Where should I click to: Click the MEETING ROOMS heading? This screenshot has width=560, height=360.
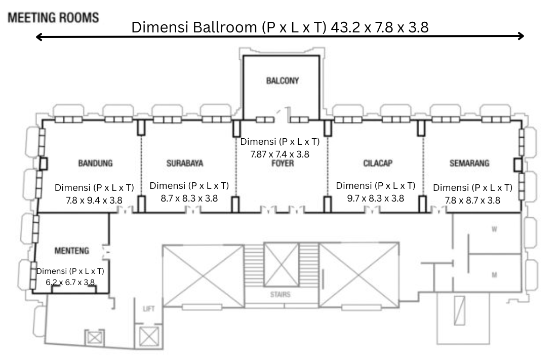point(53,18)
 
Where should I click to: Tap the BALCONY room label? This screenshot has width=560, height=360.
point(283,81)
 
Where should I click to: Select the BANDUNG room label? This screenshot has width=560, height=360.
point(95,163)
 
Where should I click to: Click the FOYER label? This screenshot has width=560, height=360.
point(283,164)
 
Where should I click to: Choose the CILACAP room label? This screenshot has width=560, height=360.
point(378,163)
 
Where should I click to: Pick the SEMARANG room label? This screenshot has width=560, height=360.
point(469,163)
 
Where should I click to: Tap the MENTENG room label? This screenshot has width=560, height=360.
point(71,250)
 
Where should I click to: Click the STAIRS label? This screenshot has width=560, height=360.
point(280,294)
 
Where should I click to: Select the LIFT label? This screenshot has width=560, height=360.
point(149,308)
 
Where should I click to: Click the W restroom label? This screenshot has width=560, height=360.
point(494,229)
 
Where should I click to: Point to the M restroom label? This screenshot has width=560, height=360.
point(494,275)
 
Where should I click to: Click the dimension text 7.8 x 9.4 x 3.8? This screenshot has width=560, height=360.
point(94,200)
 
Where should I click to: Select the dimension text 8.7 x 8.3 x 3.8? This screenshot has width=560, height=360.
point(189,198)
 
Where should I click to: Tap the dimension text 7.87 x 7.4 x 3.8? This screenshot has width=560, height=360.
point(279,154)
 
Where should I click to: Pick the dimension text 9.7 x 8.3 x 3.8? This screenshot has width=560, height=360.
point(375,198)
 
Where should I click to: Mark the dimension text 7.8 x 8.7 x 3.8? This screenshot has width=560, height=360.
point(472,200)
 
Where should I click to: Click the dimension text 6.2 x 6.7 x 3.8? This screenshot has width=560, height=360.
point(70,282)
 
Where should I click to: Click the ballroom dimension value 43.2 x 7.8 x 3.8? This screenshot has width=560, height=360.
point(380,27)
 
